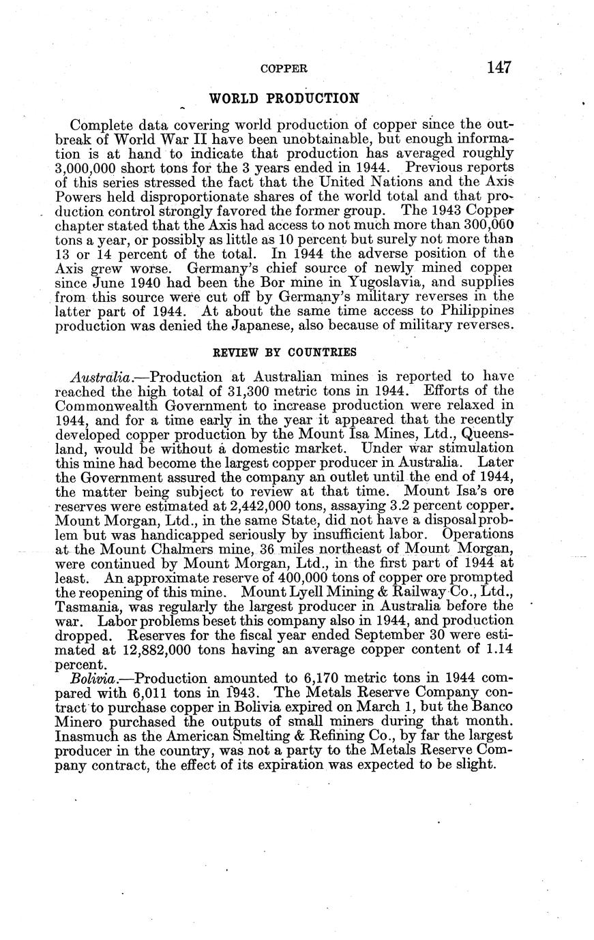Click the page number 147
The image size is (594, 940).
(499, 67)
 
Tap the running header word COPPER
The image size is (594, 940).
(284, 69)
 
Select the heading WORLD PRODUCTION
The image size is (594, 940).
(284, 98)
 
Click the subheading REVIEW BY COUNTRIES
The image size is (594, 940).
(284, 352)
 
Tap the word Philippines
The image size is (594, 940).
(474, 311)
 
